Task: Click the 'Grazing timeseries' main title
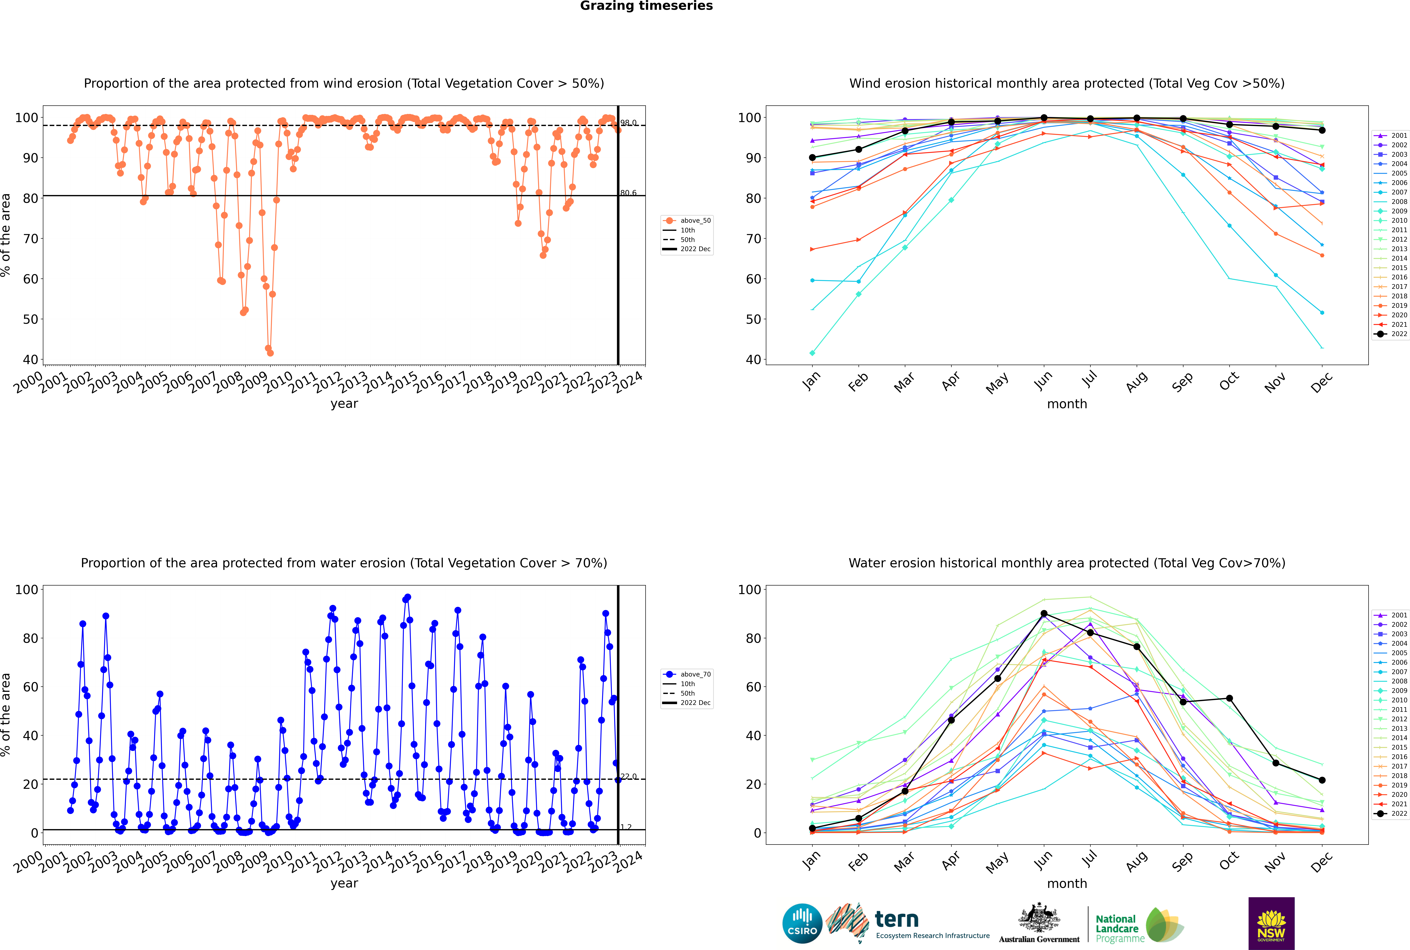click(646, 6)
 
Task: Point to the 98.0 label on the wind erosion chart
click(628, 122)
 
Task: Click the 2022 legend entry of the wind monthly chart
click(1391, 334)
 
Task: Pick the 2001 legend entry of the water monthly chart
click(1391, 615)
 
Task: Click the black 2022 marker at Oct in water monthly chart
click(1229, 698)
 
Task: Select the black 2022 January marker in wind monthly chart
click(812, 158)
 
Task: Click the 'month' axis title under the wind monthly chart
click(1067, 404)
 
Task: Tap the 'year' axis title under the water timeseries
click(344, 883)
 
